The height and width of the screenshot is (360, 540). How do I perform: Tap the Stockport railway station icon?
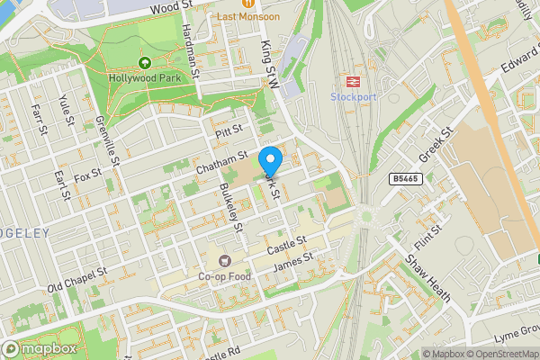351,79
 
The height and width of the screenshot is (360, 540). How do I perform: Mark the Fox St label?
88,173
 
